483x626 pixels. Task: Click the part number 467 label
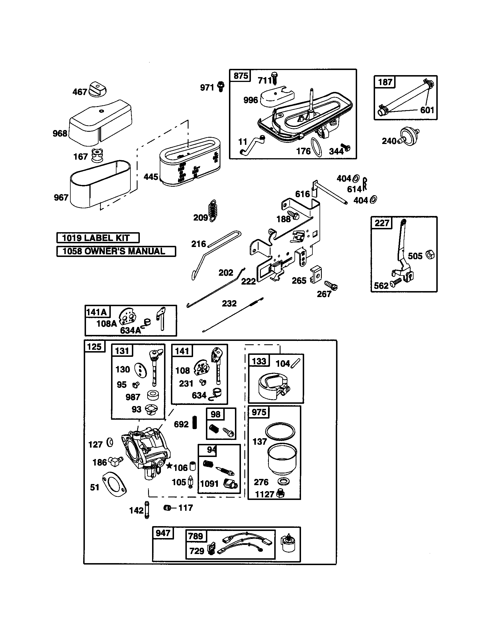point(79,92)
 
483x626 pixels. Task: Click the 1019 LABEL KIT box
point(98,238)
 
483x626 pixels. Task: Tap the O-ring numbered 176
point(316,147)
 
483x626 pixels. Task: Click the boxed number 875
point(240,76)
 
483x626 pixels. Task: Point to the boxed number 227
point(382,223)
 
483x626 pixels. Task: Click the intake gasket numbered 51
point(115,485)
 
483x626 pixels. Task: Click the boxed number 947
point(163,533)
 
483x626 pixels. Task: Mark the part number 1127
point(265,495)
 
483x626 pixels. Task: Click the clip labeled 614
point(365,184)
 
